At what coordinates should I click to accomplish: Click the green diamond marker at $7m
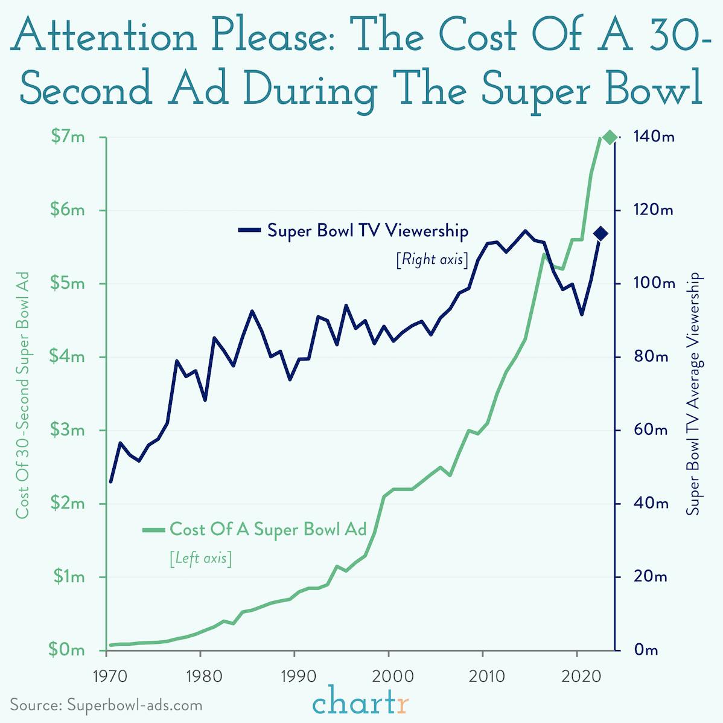pyautogui.click(x=610, y=138)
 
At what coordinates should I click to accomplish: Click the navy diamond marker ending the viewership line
pyautogui.click(x=600, y=234)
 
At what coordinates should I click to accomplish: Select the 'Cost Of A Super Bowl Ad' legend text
pyautogui.click(x=268, y=529)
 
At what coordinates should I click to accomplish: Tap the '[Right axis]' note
pyautogui.click(x=432, y=260)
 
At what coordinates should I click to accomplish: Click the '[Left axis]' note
pyautogui.click(x=200, y=558)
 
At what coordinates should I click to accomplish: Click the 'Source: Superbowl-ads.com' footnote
pyautogui.click(x=106, y=705)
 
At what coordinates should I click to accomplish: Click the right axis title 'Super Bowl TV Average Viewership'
pyautogui.click(x=694, y=394)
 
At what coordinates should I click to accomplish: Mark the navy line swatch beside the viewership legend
pyautogui.click(x=249, y=230)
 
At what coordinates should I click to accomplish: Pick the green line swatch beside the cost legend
pyautogui.click(x=153, y=530)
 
